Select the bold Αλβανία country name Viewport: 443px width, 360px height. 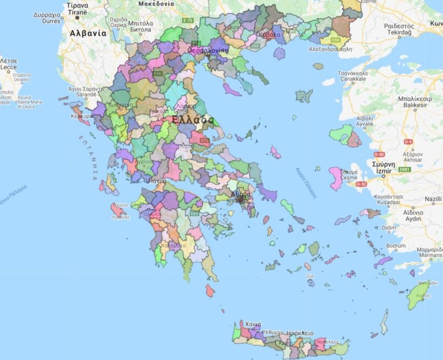88,33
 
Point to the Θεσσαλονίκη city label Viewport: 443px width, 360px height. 208,51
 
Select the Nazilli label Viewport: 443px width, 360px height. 433,199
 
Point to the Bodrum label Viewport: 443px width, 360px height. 396,246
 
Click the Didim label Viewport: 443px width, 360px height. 389,228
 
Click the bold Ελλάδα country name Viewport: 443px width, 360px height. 192,120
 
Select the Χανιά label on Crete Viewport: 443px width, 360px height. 253,325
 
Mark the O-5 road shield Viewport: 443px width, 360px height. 409,142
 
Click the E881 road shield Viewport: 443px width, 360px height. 405,170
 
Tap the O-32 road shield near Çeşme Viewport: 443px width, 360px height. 361,184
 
